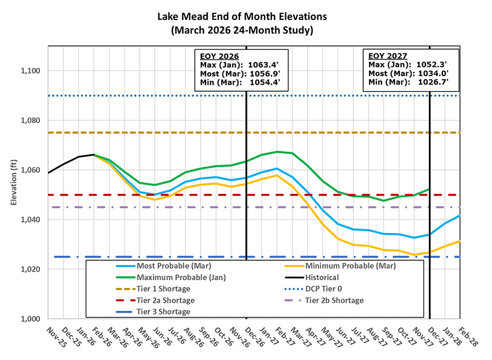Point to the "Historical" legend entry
322,277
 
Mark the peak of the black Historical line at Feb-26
94,154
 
